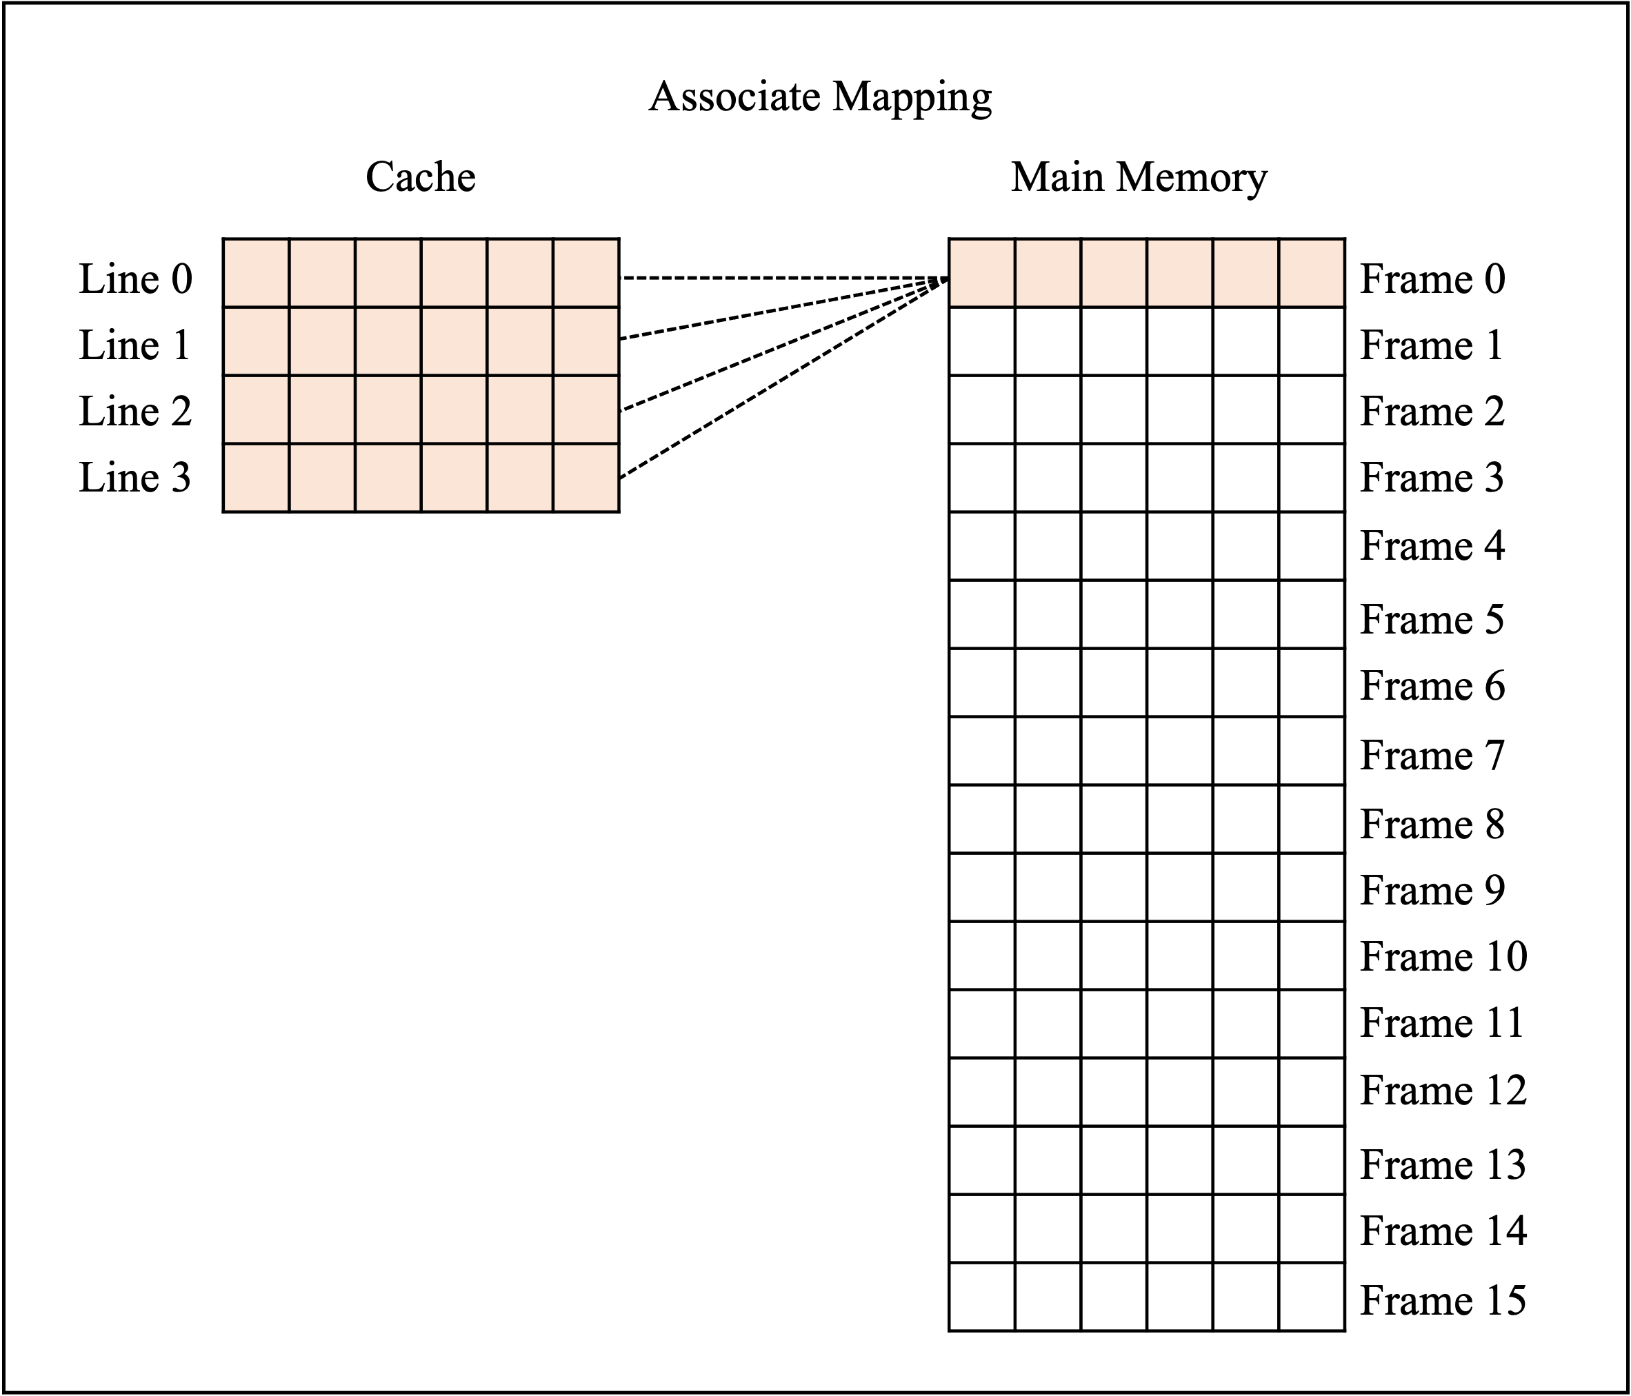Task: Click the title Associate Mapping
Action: [x=819, y=98]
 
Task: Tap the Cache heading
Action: [x=421, y=176]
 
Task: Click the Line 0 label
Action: [x=135, y=279]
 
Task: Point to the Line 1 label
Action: [x=135, y=345]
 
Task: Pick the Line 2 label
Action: [x=135, y=411]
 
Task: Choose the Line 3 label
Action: [x=135, y=477]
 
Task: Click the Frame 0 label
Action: [x=1432, y=279]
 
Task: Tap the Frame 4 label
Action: [x=1432, y=545]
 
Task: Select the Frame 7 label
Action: [x=1432, y=755]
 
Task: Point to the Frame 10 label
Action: [x=1443, y=956]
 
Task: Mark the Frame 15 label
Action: [x=1443, y=1299]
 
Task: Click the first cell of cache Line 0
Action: [x=257, y=273]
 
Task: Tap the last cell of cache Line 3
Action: [x=586, y=478]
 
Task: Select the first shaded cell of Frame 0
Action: [x=982, y=273]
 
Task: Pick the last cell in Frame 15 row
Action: [x=1312, y=1297]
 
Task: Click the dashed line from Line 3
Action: [x=784, y=378]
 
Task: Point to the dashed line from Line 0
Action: [x=785, y=278]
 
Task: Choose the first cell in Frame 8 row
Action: [x=982, y=819]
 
